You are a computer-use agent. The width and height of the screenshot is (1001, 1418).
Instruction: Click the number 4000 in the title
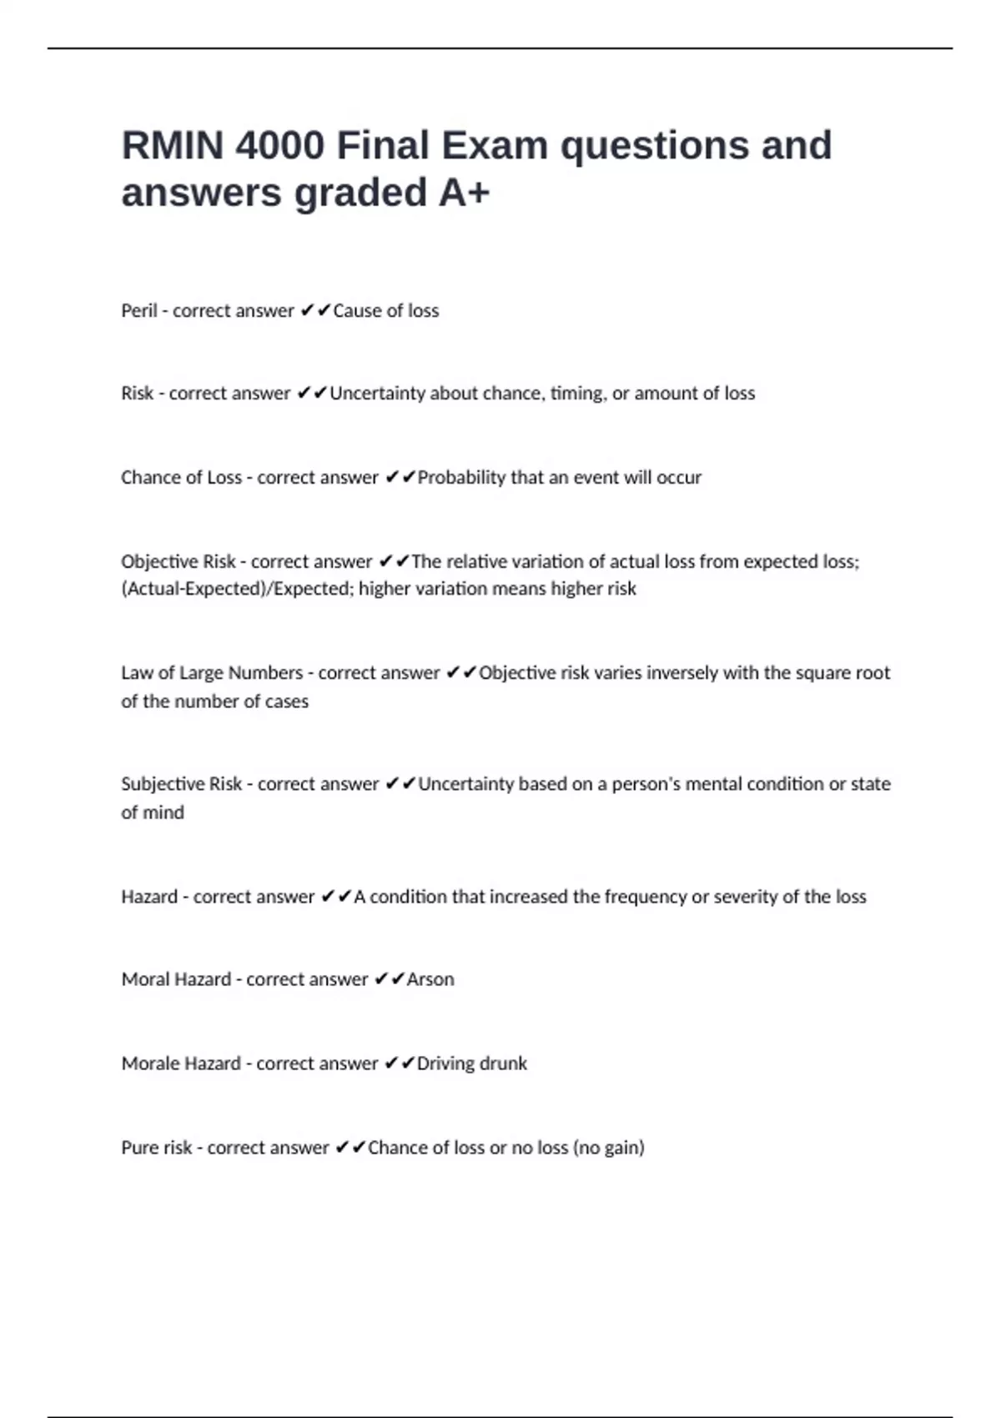click(x=279, y=146)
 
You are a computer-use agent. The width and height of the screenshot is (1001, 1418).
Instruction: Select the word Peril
click(x=139, y=311)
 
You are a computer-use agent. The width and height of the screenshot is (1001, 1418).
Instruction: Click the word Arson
click(x=430, y=979)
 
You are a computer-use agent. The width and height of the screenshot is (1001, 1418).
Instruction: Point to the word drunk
click(x=501, y=1063)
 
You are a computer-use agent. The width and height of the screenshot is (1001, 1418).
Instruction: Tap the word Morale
click(x=149, y=1063)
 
